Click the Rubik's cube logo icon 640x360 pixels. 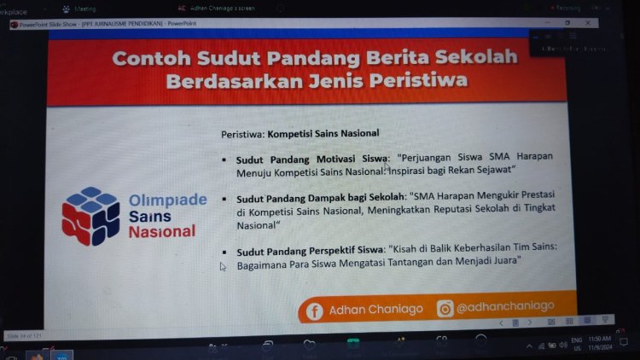(x=90, y=216)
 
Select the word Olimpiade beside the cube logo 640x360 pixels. (x=167, y=200)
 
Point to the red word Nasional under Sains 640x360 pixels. (x=161, y=231)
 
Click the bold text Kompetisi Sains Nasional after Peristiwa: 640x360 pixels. (x=323, y=134)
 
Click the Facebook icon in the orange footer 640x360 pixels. (x=315, y=311)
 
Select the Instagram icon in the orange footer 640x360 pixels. (x=445, y=308)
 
